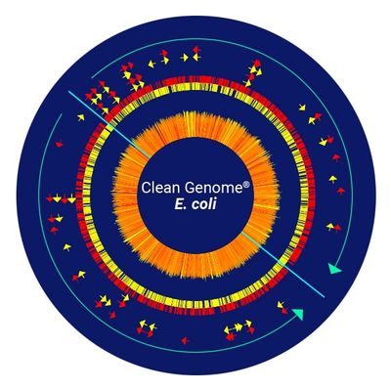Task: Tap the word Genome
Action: tap(213, 188)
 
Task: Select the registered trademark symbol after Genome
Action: tap(246, 184)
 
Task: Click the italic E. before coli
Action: tap(181, 204)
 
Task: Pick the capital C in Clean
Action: tap(146, 188)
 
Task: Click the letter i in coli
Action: tap(214, 204)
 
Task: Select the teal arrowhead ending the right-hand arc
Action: tap(334, 269)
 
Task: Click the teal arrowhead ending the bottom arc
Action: tap(299, 314)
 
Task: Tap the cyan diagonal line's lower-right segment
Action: tap(282, 264)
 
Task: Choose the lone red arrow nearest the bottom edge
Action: tap(185, 341)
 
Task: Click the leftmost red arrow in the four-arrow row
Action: tap(50, 198)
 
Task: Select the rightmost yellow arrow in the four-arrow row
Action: tap(71, 198)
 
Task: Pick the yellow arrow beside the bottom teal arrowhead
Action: tap(280, 305)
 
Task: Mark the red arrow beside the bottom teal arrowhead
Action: tap(284, 311)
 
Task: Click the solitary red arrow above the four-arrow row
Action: tap(59, 144)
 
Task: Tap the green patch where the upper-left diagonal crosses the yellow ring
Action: tap(110, 126)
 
